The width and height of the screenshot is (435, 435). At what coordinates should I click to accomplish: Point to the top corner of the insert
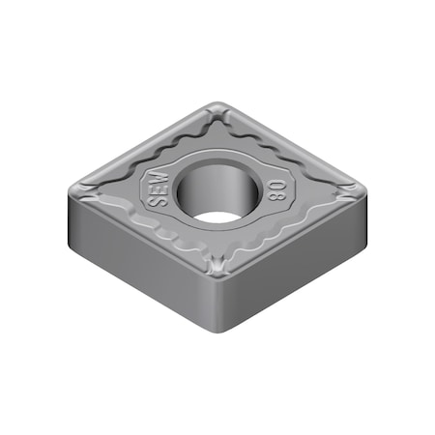pyautogui.click(x=218, y=107)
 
